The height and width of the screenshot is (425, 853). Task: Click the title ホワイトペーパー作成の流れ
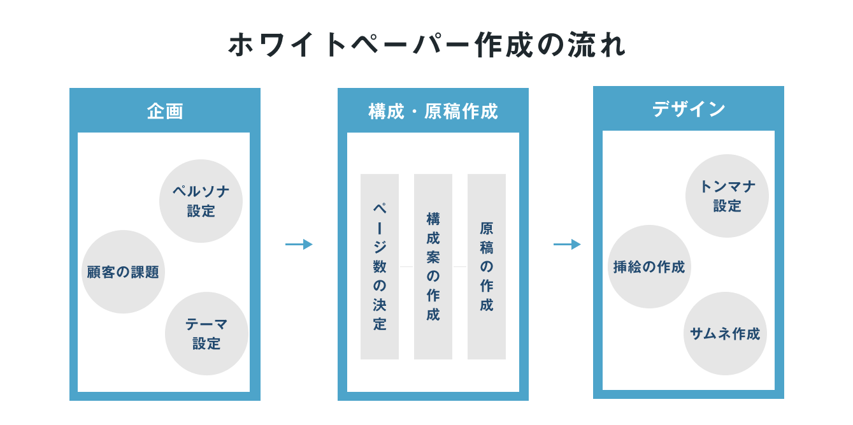[426, 45]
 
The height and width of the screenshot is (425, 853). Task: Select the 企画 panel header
[165, 112]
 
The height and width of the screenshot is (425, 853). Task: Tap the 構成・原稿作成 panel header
[433, 112]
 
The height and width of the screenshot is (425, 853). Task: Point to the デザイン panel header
[689, 110]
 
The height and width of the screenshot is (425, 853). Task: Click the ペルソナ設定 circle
[201, 201]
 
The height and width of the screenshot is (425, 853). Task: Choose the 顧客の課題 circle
[123, 272]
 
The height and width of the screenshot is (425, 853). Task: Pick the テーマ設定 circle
[206, 334]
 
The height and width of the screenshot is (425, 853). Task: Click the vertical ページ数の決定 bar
[380, 266]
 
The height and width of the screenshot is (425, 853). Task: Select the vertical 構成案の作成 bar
[433, 266]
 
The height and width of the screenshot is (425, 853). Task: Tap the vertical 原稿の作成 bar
[487, 266]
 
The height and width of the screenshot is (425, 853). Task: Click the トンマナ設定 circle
[727, 196]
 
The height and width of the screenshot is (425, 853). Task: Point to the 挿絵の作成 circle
[649, 267]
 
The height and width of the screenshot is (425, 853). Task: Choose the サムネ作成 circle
[725, 333]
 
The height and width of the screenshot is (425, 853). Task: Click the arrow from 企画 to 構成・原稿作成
[299, 244]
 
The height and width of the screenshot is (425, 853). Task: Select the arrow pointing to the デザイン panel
[567, 244]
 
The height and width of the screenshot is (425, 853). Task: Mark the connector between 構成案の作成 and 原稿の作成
[460, 266]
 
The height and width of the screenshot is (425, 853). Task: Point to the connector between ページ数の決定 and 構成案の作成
[406, 266]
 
